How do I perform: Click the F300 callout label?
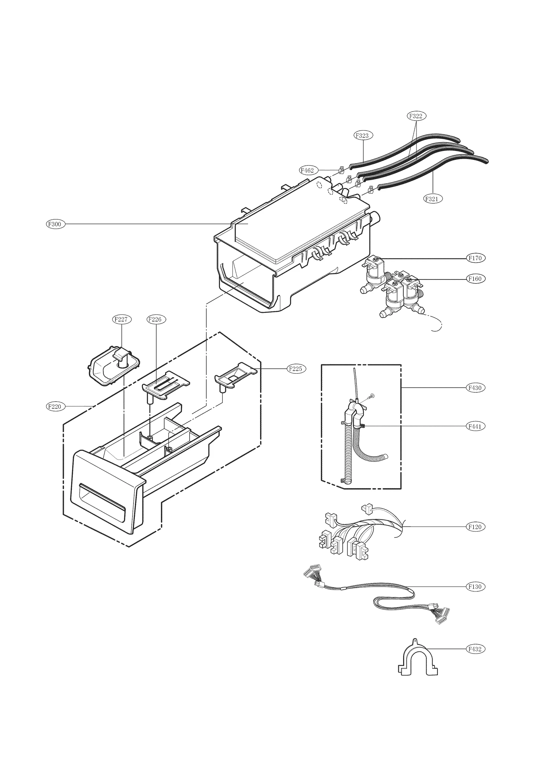click(x=55, y=224)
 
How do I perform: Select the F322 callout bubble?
click(x=416, y=116)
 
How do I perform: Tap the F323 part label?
click(x=363, y=135)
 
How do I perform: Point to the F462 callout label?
click(x=307, y=170)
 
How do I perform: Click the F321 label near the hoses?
click(x=433, y=199)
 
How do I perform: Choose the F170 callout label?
click(x=475, y=258)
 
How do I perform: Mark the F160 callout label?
click(x=475, y=278)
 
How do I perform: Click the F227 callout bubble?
click(x=121, y=319)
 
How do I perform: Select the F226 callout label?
click(x=156, y=319)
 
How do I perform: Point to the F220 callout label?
click(x=55, y=406)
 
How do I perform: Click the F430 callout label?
click(x=475, y=388)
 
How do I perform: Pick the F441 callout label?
click(x=475, y=426)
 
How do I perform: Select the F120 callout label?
click(x=475, y=527)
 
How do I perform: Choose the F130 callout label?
click(x=475, y=586)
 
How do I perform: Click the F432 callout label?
click(x=475, y=649)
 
